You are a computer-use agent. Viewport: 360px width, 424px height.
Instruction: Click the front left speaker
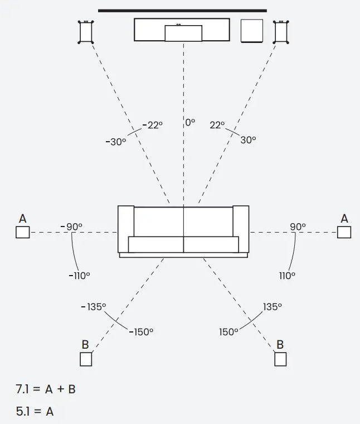point(85,32)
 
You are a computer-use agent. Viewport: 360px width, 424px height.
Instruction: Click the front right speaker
point(281,32)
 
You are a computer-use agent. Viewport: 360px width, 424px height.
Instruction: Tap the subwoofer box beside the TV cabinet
point(251,31)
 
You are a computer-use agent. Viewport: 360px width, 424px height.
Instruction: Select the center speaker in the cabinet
point(183,33)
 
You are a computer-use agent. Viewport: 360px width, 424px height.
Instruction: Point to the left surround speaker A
point(22,232)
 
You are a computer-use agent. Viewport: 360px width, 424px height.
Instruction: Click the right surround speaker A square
point(344,232)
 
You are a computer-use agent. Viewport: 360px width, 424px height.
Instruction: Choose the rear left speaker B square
point(86,359)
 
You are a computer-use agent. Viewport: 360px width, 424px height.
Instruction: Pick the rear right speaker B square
point(280,359)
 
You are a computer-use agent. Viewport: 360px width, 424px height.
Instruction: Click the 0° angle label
point(190,122)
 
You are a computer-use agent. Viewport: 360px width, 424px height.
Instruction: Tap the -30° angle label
point(116,142)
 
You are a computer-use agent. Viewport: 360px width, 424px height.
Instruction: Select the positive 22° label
point(217,126)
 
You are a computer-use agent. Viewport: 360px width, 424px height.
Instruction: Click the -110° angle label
point(80,275)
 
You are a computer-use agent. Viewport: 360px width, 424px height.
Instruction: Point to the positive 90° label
point(298,227)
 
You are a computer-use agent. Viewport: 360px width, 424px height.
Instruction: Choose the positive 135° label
point(272,307)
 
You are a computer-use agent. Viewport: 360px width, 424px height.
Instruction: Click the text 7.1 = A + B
point(46,389)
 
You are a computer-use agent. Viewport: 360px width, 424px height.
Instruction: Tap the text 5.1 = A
point(35,412)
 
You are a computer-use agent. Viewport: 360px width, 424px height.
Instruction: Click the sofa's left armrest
point(125,229)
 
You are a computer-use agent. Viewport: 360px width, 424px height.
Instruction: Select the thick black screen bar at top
point(182,10)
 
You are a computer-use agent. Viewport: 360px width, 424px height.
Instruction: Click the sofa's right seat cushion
point(211,244)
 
